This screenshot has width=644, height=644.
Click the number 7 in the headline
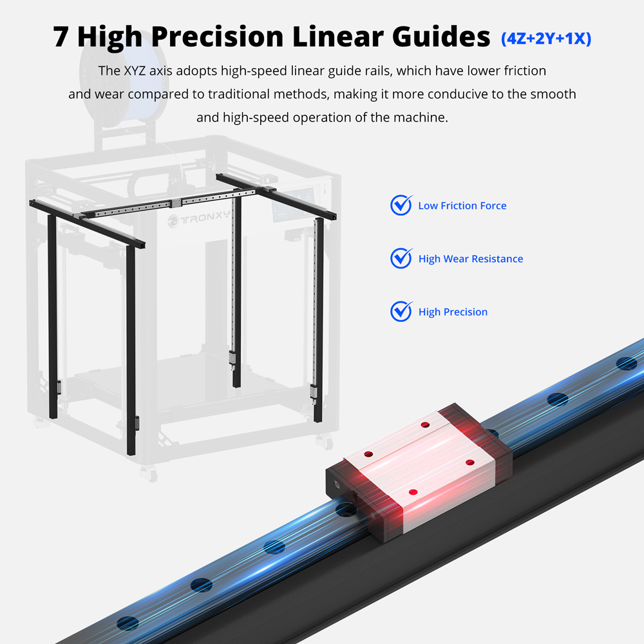coord(61,37)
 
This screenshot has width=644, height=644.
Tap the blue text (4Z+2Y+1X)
coord(546,38)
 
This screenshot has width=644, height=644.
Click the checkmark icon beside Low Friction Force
coord(401,205)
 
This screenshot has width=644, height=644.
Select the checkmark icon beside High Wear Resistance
coord(401,258)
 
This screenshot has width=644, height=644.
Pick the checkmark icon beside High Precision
coord(401,311)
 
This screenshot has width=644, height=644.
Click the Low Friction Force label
coord(462,206)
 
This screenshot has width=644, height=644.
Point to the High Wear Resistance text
coord(471,259)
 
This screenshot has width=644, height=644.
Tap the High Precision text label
coord(453,312)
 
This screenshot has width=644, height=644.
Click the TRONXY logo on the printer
coord(199,218)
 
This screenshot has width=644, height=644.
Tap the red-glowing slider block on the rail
coord(419,471)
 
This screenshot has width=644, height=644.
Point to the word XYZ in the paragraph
coord(135,71)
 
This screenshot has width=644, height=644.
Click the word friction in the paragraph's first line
coord(525,71)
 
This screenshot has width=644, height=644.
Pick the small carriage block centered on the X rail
coord(176,202)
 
